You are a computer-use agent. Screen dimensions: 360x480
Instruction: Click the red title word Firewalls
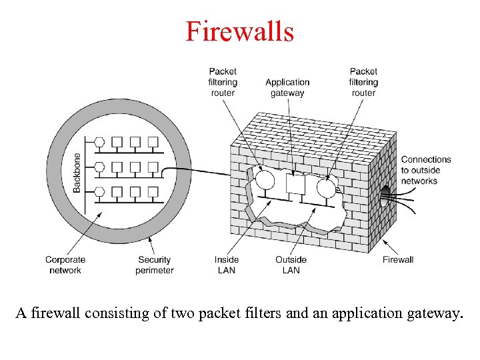239,31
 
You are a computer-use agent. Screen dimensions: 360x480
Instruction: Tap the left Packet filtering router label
223,82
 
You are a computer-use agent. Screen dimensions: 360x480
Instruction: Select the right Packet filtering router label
363,82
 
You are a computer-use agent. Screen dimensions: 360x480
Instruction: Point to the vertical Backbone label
77,173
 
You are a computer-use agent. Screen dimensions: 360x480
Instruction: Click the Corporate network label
65,265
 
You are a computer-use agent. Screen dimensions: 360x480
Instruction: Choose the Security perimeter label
154,265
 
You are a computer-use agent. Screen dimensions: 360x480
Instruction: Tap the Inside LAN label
227,265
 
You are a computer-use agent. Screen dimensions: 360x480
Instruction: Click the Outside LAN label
291,265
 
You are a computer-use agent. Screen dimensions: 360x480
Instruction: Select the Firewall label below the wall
398,260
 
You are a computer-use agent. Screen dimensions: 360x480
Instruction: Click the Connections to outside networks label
426,170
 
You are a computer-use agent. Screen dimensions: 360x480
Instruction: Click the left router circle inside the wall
265,181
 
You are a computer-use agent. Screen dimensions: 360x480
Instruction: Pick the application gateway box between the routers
295,183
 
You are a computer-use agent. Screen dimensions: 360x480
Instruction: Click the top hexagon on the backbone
100,141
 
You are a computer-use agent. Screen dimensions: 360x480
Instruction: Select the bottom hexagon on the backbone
100,192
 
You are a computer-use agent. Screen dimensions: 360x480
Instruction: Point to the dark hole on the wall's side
385,191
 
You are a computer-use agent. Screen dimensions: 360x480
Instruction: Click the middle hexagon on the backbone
100,167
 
